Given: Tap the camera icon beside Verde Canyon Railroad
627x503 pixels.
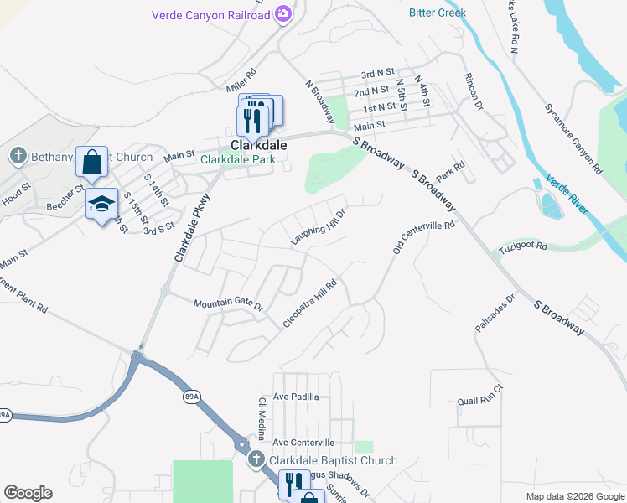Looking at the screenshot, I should point(283,13).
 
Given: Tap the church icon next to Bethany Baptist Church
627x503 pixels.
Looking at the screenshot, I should point(17,156).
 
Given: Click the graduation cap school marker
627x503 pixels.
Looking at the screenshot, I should point(101,204).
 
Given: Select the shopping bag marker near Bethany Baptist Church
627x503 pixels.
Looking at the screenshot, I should point(92,161).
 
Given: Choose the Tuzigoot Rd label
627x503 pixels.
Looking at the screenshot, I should point(522,247).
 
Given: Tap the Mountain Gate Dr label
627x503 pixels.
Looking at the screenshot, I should point(228,305).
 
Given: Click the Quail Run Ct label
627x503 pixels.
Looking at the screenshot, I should point(480,395).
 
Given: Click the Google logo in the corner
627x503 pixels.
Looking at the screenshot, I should point(28,493).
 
